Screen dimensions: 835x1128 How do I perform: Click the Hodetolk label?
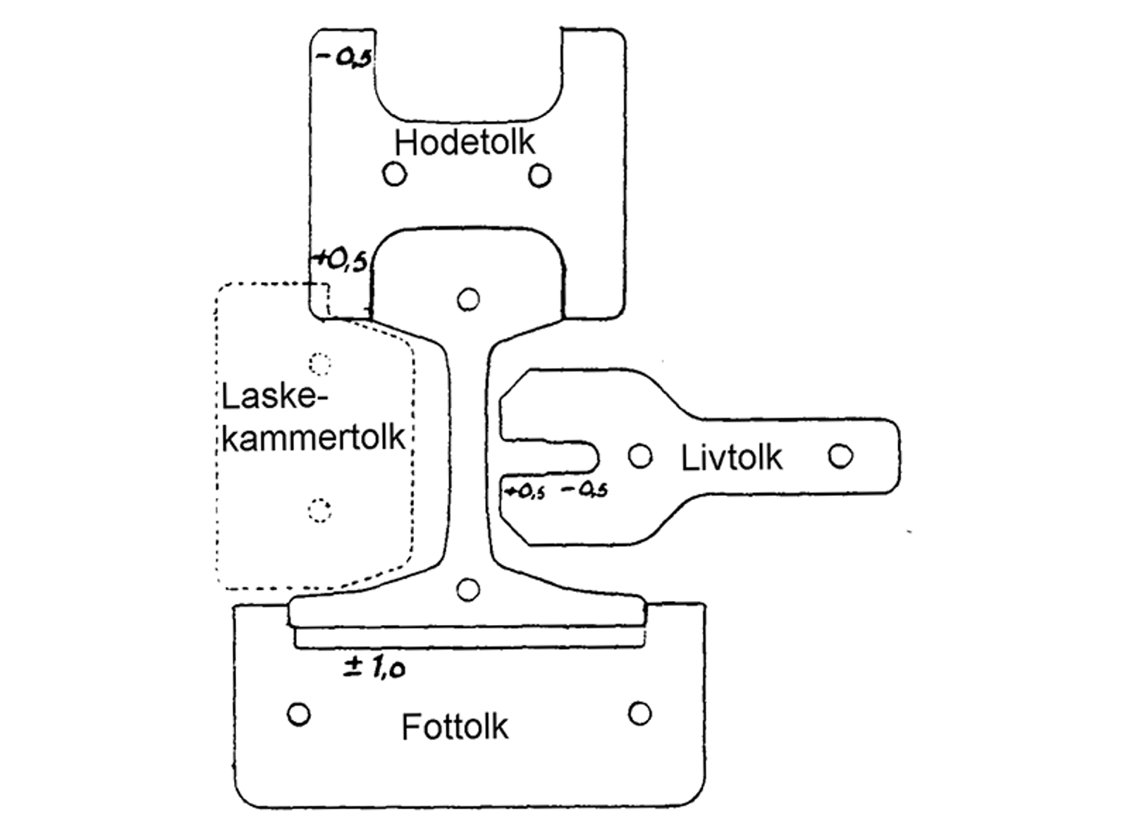point(465,142)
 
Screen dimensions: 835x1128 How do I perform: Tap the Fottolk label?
point(455,726)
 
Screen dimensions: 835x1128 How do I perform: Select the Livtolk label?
point(732,458)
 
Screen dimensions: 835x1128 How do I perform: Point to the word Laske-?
point(276,397)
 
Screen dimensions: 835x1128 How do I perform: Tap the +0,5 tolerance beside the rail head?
point(340,261)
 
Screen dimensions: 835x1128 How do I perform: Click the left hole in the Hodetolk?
point(395,173)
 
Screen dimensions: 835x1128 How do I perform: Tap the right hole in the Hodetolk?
point(539,175)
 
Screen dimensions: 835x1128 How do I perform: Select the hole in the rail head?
point(468,299)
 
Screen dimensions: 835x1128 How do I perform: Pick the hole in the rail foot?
point(468,589)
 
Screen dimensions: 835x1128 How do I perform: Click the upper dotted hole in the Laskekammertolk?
point(320,364)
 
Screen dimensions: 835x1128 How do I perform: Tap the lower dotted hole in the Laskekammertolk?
point(319,509)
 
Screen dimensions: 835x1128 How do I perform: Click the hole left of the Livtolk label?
point(639,456)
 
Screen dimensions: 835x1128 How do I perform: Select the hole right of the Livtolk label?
point(840,456)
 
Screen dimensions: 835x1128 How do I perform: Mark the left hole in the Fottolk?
point(299,715)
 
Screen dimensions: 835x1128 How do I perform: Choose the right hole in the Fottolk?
point(639,714)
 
